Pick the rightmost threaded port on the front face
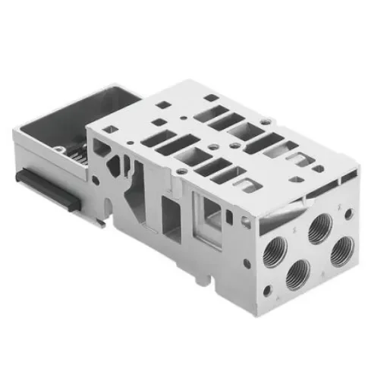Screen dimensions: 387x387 pos(343,249)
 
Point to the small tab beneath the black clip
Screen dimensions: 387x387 pos(101,223)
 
